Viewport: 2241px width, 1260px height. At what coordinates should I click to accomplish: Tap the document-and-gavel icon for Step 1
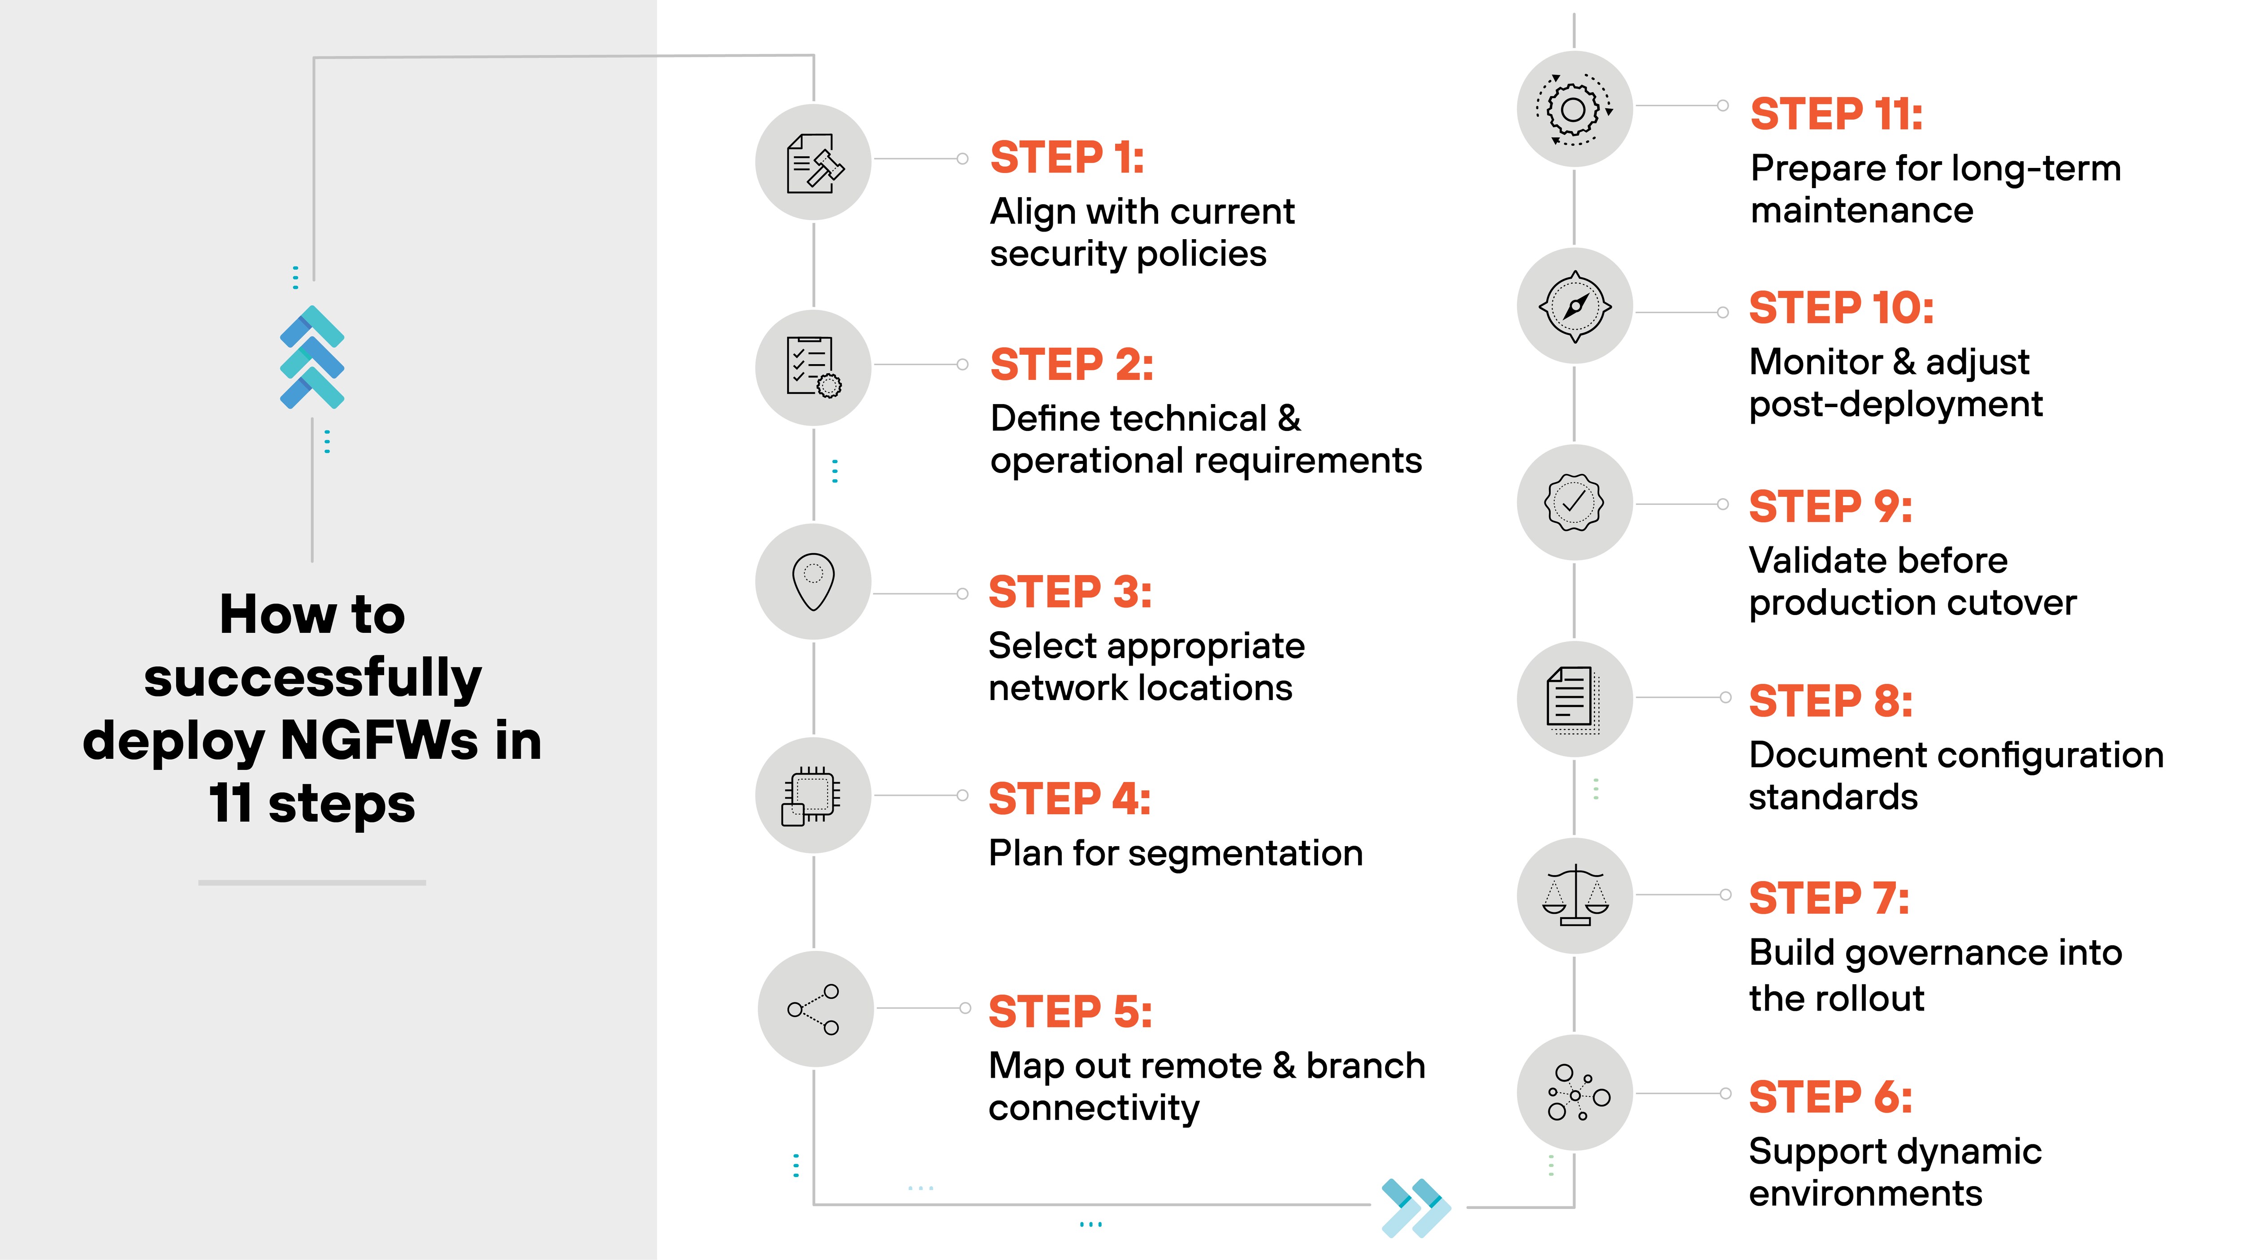813,163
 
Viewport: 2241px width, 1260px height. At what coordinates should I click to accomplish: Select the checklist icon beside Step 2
813,367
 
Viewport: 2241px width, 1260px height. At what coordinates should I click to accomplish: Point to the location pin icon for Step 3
813,581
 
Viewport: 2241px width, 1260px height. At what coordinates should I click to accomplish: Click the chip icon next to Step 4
812,795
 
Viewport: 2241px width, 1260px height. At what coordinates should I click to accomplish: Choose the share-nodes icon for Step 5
814,1009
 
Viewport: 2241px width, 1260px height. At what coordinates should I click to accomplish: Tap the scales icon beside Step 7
1575,896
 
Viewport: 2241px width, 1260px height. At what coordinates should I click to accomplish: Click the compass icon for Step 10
1575,306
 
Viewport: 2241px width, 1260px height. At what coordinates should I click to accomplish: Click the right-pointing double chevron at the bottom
1415,1207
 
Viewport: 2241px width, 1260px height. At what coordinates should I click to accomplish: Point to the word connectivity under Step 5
1094,1109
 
